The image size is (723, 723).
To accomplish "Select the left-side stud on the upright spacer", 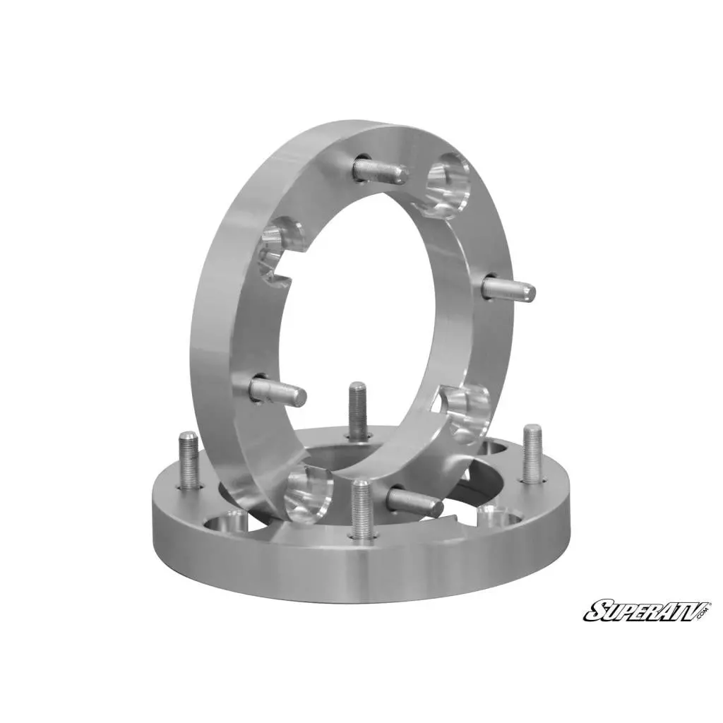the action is pos(278,388).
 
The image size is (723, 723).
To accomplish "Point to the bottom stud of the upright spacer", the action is pos(415,501).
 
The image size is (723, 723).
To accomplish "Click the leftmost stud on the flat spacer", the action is pos(189,460).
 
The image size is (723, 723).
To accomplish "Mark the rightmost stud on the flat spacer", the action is pos(532,453).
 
